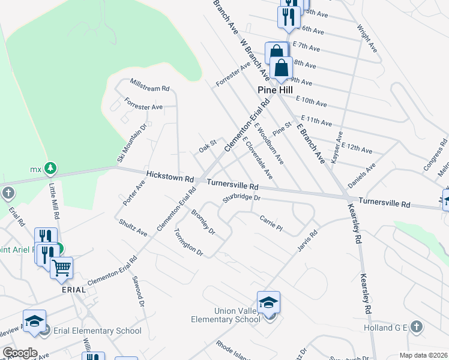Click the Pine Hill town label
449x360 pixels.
(274, 90)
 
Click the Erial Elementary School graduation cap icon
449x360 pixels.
(35, 321)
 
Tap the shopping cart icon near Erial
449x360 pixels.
(61, 269)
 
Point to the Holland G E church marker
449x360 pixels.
(417, 327)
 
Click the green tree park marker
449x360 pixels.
(52, 168)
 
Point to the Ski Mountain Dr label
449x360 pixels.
(131, 144)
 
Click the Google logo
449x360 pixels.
(20, 353)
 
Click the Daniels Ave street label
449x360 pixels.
(362, 174)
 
